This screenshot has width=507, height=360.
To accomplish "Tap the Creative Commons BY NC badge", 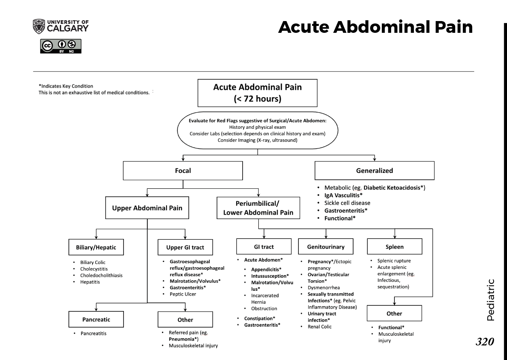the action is coord(61,46).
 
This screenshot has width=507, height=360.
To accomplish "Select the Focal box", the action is coord(183,170).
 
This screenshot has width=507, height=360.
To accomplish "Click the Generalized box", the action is coord(374,170).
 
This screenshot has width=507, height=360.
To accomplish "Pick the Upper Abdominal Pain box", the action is coord(147,208).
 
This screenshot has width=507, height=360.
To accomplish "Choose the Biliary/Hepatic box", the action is coord(96,247).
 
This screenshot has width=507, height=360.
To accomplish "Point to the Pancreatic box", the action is coord(96,319).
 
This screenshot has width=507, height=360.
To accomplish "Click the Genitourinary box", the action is coord(326,246).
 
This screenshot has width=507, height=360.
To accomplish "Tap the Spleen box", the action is coord(394,246).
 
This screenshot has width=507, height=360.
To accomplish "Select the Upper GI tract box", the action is coord(185,247).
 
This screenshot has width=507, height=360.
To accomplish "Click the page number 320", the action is coord(485,342).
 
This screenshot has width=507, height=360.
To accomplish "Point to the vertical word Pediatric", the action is coord(490,300).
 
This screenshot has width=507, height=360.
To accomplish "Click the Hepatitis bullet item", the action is coord(90,282).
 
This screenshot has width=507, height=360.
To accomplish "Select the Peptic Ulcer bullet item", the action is coord(183,294).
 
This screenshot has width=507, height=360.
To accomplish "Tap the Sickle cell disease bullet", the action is coord(347,203).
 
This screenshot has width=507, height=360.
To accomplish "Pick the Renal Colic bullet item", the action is coord(320,327).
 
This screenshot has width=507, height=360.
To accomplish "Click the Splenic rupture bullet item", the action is coord(394,261).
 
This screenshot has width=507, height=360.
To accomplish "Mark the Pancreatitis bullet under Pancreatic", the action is coord(94,334).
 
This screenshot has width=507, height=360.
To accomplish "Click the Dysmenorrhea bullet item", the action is coord(324,288).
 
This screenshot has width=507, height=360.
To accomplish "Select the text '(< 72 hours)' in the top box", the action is coord(258,99).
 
